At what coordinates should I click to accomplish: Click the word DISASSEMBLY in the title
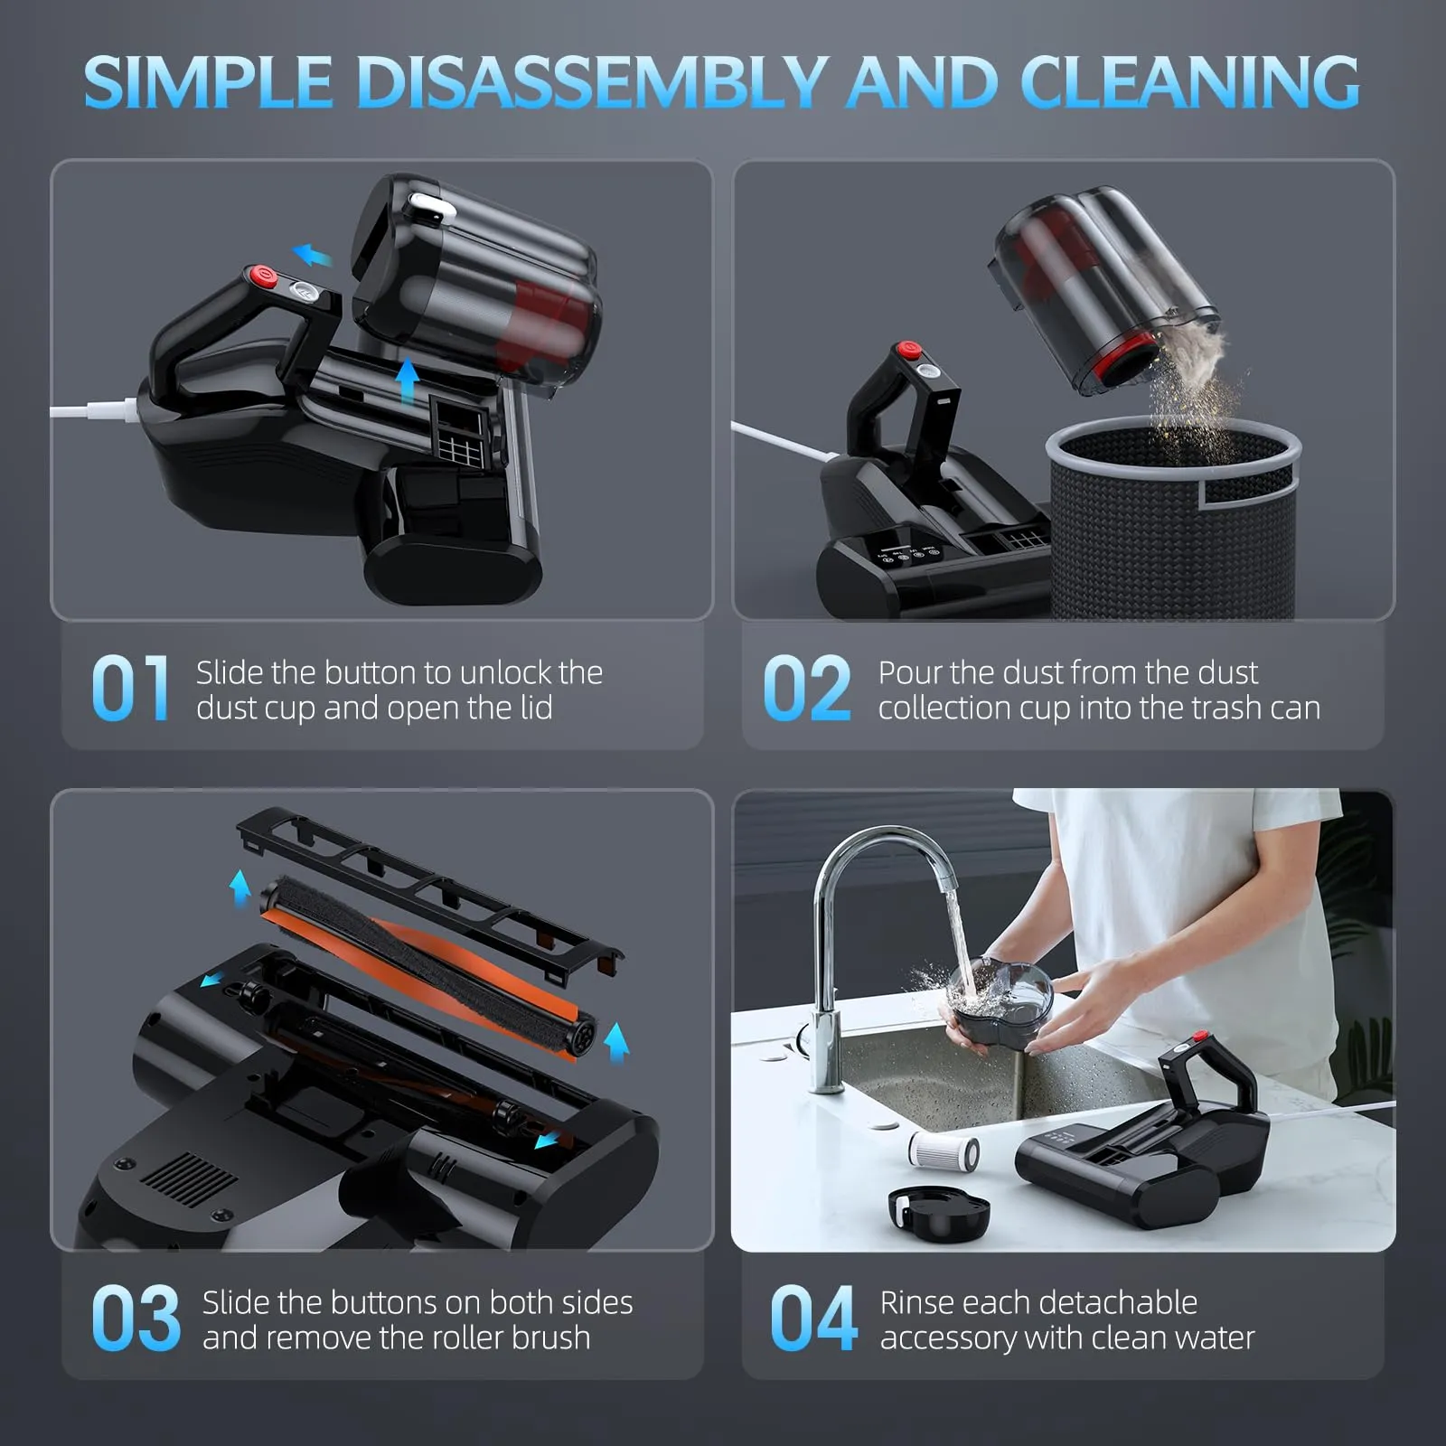tap(592, 83)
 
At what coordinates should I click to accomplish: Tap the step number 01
tap(130, 690)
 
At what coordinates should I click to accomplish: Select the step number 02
tap(806, 690)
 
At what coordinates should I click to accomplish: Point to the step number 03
tap(136, 1319)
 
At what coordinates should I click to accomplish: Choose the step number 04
tap(812, 1319)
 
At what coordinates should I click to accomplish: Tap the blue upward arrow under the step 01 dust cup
tap(408, 380)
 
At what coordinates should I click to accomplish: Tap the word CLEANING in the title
tap(1189, 83)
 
